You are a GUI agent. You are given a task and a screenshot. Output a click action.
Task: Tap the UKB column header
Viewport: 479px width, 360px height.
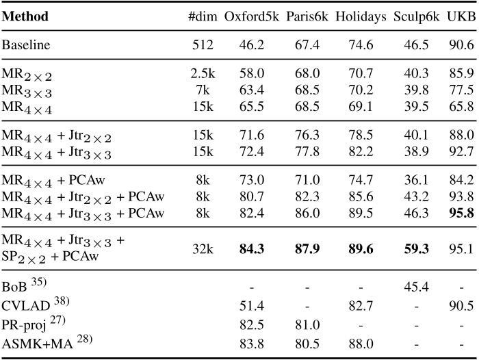click(x=461, y=16)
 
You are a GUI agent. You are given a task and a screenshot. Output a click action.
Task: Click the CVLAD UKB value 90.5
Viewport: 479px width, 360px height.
click(x=460, y=303)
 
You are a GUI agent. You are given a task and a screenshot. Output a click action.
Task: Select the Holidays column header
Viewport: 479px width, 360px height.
click(x=361, y=16)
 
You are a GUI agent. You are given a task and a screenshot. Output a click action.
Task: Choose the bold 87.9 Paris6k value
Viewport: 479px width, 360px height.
click(x=305, y=246)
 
